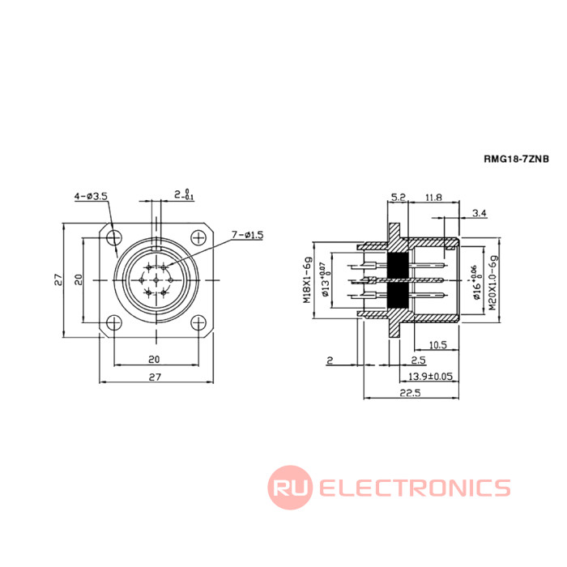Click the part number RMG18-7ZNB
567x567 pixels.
click(x=517, y=159)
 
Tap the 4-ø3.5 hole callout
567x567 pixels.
click(x=91, y=196)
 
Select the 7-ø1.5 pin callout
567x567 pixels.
click(x=247, y=235)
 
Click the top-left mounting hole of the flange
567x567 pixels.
click(x=114, y=237)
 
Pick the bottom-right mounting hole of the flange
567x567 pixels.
click(x=198, y=322)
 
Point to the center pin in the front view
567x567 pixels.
click(x=156, y=280)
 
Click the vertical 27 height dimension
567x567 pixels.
click(x=58, y=280)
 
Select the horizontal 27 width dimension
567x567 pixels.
click(x=155, y=377)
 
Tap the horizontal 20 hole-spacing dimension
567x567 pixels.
click(x=154, y=360)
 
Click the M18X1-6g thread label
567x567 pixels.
click(x=307, y=280)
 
